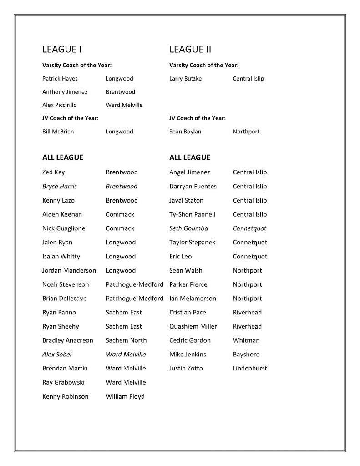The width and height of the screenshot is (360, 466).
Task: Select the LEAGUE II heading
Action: point(190,49)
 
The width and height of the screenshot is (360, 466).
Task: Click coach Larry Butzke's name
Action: point(185,79)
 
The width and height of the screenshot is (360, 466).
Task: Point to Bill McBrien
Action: point(58,132)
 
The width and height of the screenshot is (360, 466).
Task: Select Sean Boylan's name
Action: point(185,132)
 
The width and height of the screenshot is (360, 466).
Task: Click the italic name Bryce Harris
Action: point(60,187)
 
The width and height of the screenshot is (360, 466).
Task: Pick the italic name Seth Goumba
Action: point(188,228)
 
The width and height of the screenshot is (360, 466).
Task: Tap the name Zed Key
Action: point(54,172)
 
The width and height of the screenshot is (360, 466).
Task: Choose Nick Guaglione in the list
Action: point(64,228)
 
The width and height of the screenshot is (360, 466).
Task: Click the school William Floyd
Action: point(125,396)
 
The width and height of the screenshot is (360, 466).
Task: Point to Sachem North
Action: point(126,340)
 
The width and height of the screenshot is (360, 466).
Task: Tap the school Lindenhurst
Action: point(250,368)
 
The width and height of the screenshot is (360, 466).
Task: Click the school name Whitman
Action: point(246,340)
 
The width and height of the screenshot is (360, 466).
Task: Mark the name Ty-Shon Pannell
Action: point(192,214)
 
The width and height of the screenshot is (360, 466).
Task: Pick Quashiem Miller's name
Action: point(193,326)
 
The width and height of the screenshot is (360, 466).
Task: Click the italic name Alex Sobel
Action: point(57,355)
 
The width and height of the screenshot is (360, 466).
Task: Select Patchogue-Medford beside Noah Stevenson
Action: point(134,284)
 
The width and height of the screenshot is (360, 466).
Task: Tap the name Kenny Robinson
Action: point(66,396)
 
